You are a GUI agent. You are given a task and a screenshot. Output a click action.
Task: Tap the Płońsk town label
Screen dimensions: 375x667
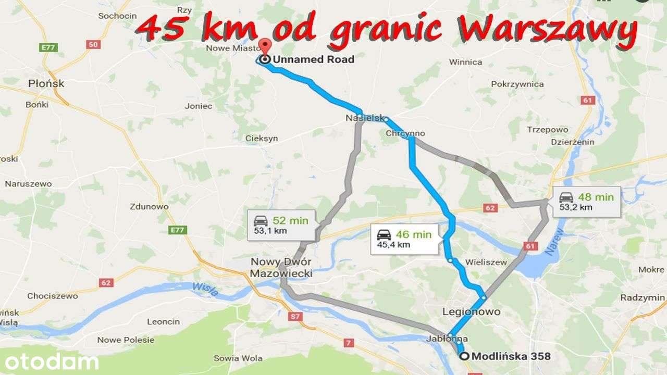[x=46, y=83]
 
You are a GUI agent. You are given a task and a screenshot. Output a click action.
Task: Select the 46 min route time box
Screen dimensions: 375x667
[x=404, y=239]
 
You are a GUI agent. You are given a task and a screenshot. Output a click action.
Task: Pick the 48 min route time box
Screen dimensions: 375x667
[x=586, y=202]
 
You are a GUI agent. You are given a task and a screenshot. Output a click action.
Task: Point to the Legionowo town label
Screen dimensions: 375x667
[x=471, y=312]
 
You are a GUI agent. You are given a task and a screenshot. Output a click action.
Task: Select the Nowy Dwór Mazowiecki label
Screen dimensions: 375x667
[x=281, y=268]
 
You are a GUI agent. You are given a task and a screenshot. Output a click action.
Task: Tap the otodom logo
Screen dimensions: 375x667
[x=50, y=361]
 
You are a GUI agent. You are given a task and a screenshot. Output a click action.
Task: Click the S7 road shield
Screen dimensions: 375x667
[x=295, y=316]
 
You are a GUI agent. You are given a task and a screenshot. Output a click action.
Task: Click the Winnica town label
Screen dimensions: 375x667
[x=465, y=62]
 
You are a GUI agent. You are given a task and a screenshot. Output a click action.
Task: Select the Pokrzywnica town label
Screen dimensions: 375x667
[x=517, y=84]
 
